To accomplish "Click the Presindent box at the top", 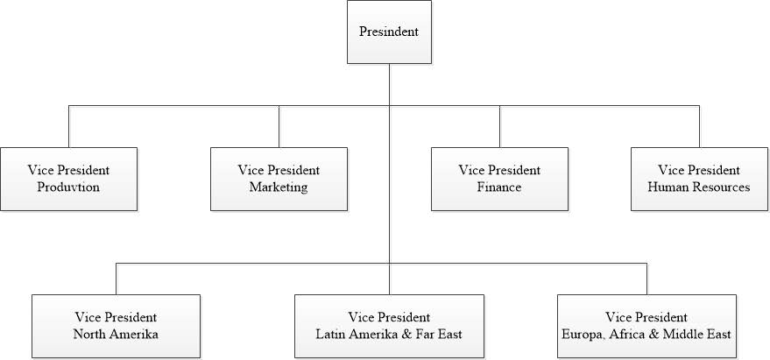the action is (389, 32).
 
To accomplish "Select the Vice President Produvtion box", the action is (69, 179).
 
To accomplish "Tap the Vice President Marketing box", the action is (279, 179).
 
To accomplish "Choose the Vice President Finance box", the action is (499, 179).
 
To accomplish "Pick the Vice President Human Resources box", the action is (699, 179).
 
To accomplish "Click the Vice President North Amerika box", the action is (117, 326).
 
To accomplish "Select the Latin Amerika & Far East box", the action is (389, 326).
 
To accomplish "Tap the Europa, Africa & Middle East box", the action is (646, 326).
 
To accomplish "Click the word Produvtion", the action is (69, 187).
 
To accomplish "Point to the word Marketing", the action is (279, 187).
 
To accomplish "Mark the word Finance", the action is (499, 187).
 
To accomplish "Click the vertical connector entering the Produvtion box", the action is (69, 127).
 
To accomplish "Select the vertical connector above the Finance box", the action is (499, 127).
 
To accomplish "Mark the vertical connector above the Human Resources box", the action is (699, 127).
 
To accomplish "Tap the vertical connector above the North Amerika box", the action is (117, 279).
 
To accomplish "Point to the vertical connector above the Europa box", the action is (646, 279).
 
